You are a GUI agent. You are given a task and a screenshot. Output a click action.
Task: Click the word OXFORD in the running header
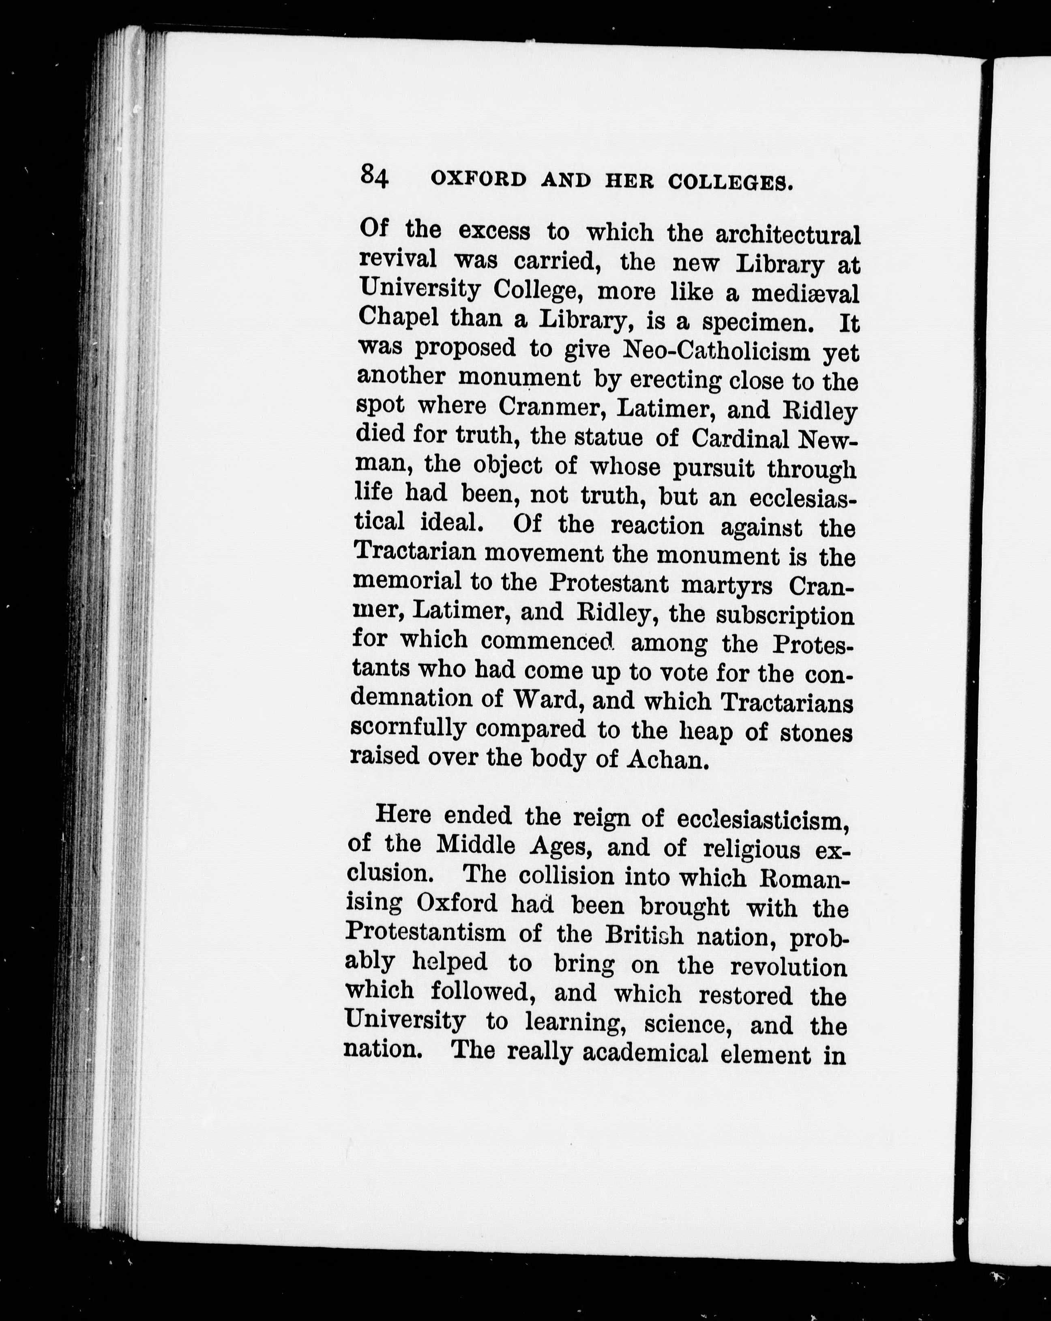pyautogui.click(x=478, y=180)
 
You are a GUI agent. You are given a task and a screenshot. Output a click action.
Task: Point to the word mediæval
pyautogui.click(x=805, y=294)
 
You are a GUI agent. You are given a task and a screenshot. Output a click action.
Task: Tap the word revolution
pyautogui.click(x=789, y=966)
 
